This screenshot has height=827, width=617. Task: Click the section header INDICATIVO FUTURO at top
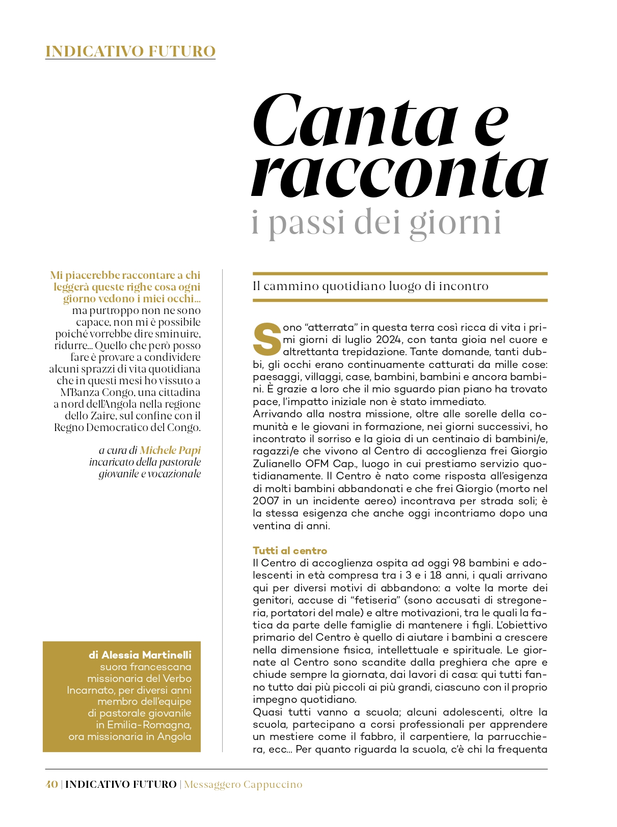pyautogui.click(x=130, y=51)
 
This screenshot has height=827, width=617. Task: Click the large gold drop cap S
pyautogui.click(x=267, y=339)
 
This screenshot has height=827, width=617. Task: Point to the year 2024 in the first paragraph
pyautogui.click(x=387, y=339)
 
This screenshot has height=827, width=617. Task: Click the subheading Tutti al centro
pyautogui.click(x=290, y=551)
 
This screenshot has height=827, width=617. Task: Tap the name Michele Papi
pyautogui.click(x=170, y=450)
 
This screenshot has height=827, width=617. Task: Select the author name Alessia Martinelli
pyautogui.click(x=140, y=655)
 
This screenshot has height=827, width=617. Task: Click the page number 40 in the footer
pyautogui.click(x=51, y=784)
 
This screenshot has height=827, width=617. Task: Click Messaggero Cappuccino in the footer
pyautogui.click(x=243, y=784)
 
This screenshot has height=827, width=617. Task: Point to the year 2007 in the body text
pyautogui.click(x=265, y=501)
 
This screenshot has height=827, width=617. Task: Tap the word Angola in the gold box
pyautogui.click(x=174, y=736)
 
